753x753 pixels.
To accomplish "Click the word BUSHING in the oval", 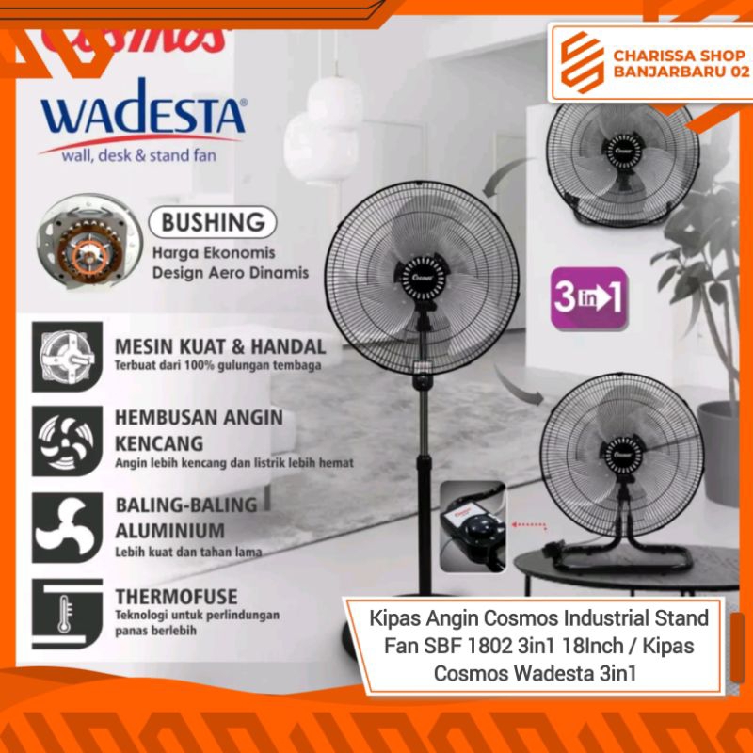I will pos(215,223).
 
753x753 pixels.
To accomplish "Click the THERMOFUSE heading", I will pos(176,596).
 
